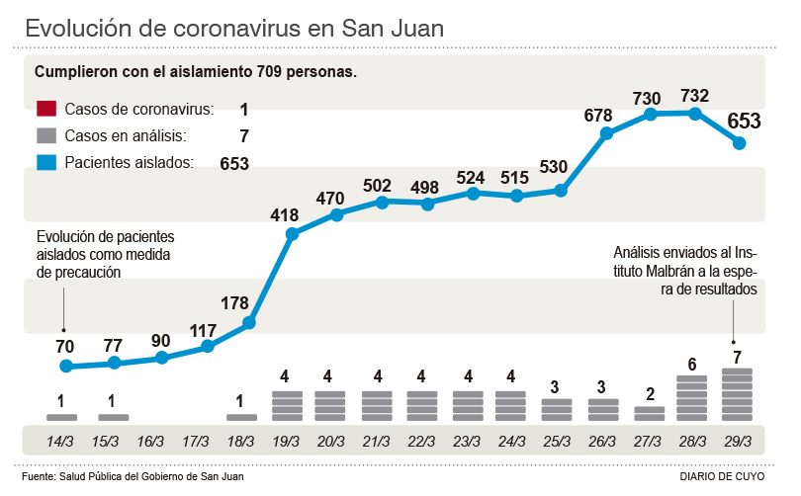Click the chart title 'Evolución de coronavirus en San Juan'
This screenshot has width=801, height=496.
pyautogui.click(x=234, y=28)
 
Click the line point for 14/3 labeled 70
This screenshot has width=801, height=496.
pyautogui.click(x=66, y=367)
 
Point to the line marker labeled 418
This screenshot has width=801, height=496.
pyautogui.click(x=292, y=234)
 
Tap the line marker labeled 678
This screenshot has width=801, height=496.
pyautogui.click(x=605, y=132)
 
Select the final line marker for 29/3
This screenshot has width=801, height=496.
pyautogui.click(x=738, y=143)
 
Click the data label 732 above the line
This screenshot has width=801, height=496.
pyautogui.click(x=695, y=96)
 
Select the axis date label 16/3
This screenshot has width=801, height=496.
pyautogui.click(x=151, y=442)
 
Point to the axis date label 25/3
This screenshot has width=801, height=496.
pyautogui.click(x=557, y=442)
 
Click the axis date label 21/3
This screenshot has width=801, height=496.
pyautogui.click(x=377, y=442)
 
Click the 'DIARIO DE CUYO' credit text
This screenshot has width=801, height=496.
pyautogui.click(x=723, y=476)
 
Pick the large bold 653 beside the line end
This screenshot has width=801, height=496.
pyautogui.click(x=744, y=121)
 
